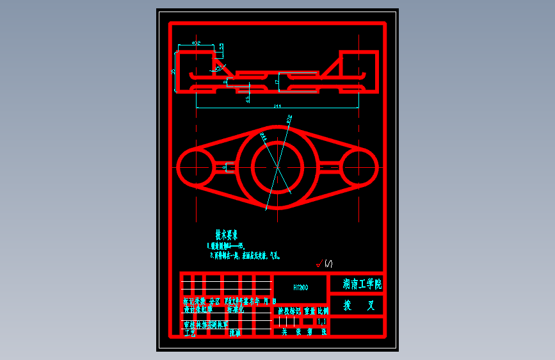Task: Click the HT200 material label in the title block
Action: click(x=300, y=288)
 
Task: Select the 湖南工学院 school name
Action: click(x=362, y=284)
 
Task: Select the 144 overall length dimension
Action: click(x=277, y=106)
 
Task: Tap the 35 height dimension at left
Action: click(x=173, y=72)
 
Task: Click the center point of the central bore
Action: click(x=277, y=166)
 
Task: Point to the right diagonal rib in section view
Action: click(x=330, y=68)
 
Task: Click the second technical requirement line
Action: click(x=246, y=255)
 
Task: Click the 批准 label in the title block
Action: click(x=234, y=333)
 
